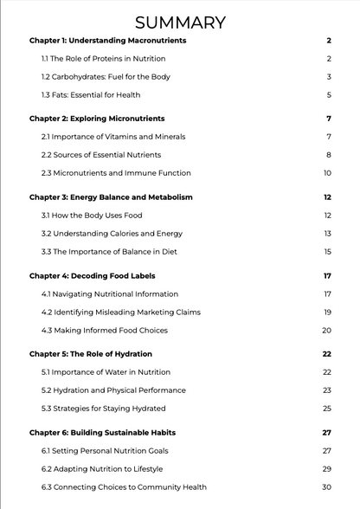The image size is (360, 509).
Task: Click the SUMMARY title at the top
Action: (x=180, y=23)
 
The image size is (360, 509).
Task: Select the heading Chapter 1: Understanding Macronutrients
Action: (x=107, y=41)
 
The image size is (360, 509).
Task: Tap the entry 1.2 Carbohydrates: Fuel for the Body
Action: (x=106, y=77)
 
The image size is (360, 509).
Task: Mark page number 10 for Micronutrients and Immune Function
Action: (x=328, y=173)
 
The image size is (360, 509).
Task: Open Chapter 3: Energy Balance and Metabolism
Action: (x=111, y=197)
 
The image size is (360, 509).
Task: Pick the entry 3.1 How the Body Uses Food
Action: (x=92, y=216)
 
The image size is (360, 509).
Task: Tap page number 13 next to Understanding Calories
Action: (x=328, y=234)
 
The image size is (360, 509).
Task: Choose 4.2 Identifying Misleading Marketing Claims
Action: (x=119, y=312)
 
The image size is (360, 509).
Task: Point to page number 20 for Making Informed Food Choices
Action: (x=327, y=331)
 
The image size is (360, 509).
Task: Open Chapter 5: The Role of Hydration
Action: (x=91, y=354)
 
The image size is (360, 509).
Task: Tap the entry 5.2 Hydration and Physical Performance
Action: (x=113, y=390)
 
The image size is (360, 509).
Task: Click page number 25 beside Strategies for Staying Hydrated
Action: (x=327, y=409)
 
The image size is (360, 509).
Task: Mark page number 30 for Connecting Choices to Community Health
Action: (x=327, y=487)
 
